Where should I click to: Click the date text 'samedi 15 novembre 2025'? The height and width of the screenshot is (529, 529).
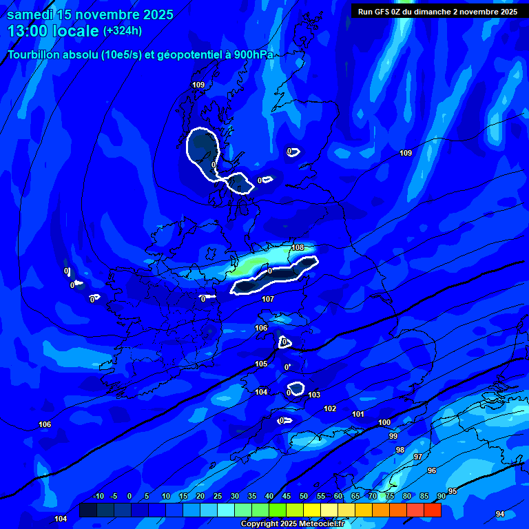coord(90,14)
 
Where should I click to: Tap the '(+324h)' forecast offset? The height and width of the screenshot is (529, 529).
coord(123,30)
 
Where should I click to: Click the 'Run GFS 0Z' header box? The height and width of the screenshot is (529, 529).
coord(437,11)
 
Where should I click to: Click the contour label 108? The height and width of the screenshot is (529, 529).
coord(298,247)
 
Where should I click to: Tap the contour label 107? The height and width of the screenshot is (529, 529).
coord(268,299)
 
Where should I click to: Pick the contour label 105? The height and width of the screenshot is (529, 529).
coord(261,364)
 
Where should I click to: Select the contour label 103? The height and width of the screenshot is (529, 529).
coord(314,395)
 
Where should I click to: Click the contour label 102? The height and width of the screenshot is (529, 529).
coord(330,408)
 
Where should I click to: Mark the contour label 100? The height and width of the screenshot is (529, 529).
coord(384,422)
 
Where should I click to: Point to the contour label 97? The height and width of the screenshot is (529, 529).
coord(417,457)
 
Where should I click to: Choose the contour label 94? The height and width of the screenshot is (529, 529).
coord(500,514)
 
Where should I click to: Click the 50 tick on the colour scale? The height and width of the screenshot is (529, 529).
coord(304,497)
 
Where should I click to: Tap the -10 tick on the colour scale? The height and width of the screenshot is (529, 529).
coord(98,497)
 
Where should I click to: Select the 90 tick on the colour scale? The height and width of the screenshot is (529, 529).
coord(441,497)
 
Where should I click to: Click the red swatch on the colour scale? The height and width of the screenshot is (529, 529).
coord(432,510)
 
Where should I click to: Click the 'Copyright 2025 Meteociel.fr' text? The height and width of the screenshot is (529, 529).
coord(291,523)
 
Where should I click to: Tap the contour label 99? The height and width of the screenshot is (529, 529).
coord(393,436)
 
